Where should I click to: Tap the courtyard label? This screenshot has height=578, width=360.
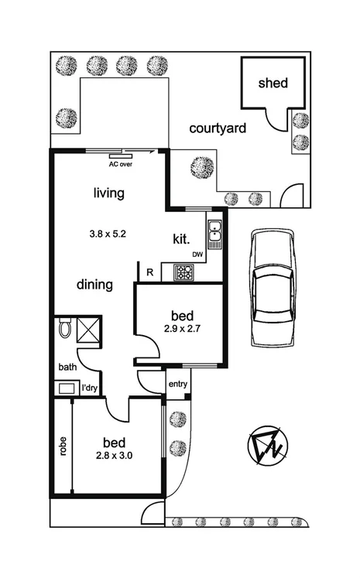coord(218,128)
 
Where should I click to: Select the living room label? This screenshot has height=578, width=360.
coord(108,193)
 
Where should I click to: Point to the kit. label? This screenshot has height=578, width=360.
coord(182,240)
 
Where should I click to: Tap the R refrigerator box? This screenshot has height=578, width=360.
coord(149,272)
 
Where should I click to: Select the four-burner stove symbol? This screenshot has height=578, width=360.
coord(186,272)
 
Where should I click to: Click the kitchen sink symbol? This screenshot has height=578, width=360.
coord(214,231)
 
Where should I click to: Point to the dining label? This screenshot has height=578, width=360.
coord(94,285)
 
